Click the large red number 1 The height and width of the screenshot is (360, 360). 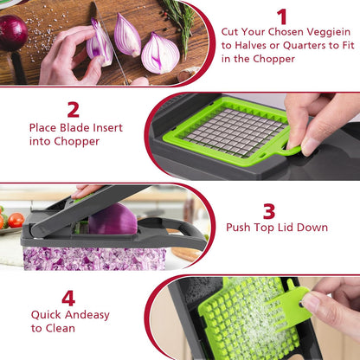click(281, 16)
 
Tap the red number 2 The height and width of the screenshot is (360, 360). click(74, 109)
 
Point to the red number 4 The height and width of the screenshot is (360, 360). click(68, 298)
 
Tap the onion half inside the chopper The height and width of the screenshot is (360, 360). click(112, 220)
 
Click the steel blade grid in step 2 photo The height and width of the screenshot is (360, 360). click(235, 132)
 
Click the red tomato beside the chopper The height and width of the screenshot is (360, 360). click(16, 220)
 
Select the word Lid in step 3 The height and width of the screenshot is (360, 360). click(307, 228)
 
